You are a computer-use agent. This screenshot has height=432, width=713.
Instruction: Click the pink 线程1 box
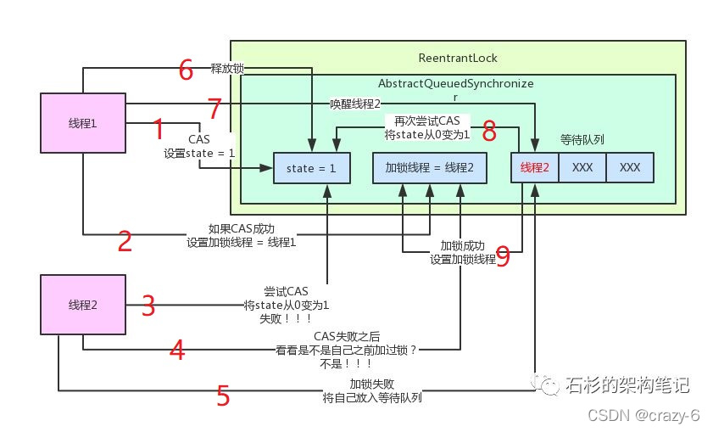83,123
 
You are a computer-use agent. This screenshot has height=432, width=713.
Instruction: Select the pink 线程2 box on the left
83,305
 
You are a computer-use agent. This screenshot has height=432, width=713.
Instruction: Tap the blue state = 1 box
311,168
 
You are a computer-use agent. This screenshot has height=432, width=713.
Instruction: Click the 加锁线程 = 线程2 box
430,168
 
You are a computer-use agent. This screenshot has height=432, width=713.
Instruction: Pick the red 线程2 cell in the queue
534,167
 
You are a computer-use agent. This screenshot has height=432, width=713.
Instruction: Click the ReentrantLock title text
458,59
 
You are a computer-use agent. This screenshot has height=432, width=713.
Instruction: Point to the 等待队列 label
582,138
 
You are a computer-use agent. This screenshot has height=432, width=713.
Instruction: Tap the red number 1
158,130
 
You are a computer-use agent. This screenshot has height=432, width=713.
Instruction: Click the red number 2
125,242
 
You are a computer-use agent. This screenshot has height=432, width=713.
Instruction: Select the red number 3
148,306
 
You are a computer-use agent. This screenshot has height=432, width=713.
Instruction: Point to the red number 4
176,350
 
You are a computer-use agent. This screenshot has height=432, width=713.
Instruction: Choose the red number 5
223,396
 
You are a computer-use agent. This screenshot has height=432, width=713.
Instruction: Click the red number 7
214,109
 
